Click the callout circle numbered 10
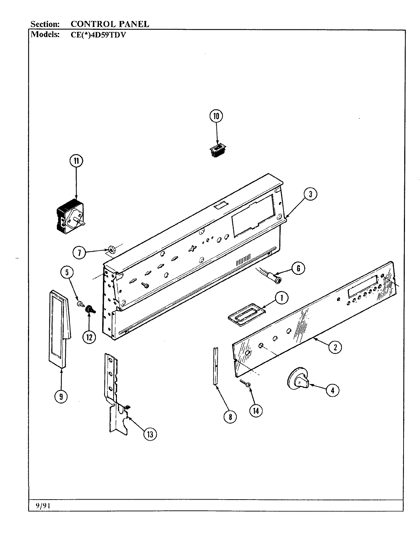(216, 116)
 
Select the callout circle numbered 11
(76, 161)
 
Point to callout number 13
(150, 434)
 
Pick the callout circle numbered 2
(335, 347)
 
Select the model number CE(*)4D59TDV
(93, 35)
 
